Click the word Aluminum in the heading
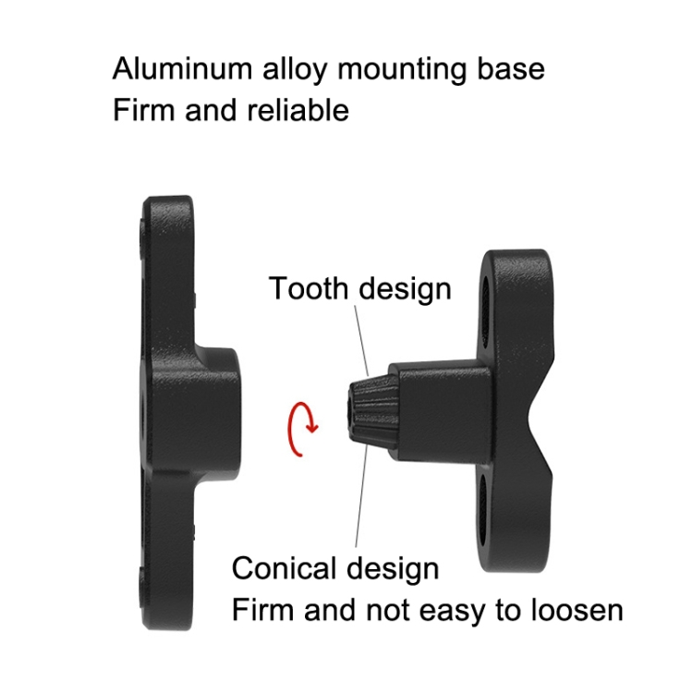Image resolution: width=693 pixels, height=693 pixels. click(183, 68)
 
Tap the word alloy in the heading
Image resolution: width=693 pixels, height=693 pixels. click(296, 70)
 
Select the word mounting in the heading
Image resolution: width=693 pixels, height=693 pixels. click(402, 70)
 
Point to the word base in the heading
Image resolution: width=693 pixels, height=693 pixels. click(510, 68)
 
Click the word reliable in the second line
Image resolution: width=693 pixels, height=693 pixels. click(298, 110)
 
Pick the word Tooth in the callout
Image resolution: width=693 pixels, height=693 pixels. click(309, 288)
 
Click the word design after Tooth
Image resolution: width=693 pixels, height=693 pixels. click(405, 289)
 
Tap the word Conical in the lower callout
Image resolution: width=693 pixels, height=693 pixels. click(284, 568)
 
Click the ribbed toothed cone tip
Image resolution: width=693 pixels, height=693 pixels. click(371, 410)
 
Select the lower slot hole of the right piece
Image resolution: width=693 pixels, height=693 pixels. click(483, 508)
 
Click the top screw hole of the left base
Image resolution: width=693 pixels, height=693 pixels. click(142, 238)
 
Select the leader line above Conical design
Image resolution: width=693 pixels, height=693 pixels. click(360, 496)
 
